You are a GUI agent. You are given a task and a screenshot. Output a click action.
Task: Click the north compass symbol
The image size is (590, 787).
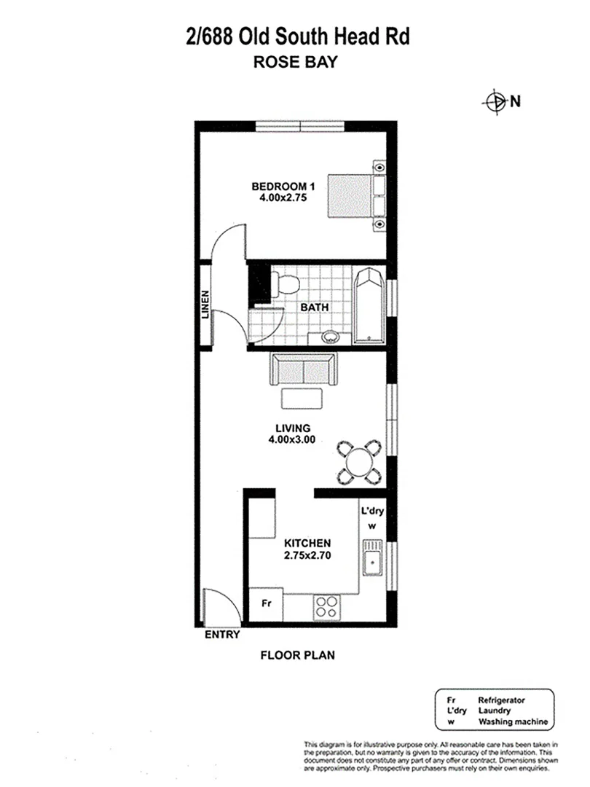(495, 102)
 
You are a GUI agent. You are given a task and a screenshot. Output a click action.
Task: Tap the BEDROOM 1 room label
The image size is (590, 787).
(274, 185)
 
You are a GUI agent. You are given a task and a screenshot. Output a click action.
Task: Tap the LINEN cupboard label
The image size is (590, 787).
(206, 305)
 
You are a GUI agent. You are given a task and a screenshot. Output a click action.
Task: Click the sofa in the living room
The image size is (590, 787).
(302, 370)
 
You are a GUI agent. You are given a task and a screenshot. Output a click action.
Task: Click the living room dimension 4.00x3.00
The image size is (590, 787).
(291, 439)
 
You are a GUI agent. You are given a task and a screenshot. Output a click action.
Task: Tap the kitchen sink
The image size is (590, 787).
(372, 562)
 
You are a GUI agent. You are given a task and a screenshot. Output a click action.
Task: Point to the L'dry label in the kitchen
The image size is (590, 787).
(372, 512)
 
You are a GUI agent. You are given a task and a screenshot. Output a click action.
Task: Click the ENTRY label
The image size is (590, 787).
(222, 635)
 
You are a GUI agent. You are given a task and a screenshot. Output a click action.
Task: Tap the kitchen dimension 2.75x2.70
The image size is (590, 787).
(307, 555)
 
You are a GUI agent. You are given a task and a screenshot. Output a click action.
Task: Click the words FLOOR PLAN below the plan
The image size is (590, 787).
(297, 654)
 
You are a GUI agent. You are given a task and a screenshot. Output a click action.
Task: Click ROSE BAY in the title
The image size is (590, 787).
(294, 63)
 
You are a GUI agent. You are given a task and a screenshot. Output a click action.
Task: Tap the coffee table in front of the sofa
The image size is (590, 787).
(301, 399)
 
